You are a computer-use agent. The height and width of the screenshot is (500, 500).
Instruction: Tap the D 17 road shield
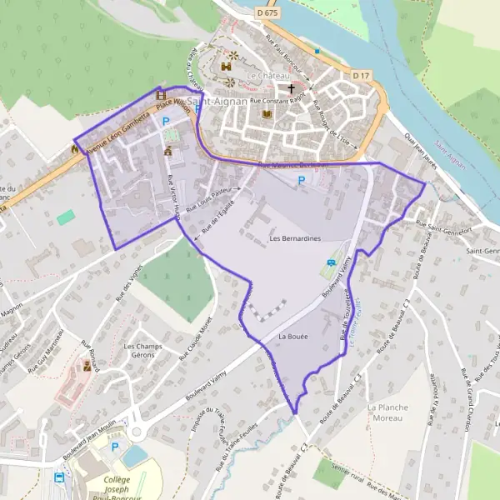pos(360,76)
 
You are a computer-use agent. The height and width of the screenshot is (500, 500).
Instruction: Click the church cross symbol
pos(292,87)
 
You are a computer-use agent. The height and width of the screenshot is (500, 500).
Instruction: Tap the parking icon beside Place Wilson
pos(165,121)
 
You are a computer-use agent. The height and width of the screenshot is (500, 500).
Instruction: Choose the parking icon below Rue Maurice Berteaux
pos(301,179)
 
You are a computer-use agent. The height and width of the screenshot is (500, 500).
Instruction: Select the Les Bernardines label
pos(295,238)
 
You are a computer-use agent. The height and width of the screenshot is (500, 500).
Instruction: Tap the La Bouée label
pos(293,337)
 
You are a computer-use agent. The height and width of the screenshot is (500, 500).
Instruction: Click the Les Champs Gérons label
pos(141,350)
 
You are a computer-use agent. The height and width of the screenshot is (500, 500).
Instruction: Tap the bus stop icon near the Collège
pos(59,477)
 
